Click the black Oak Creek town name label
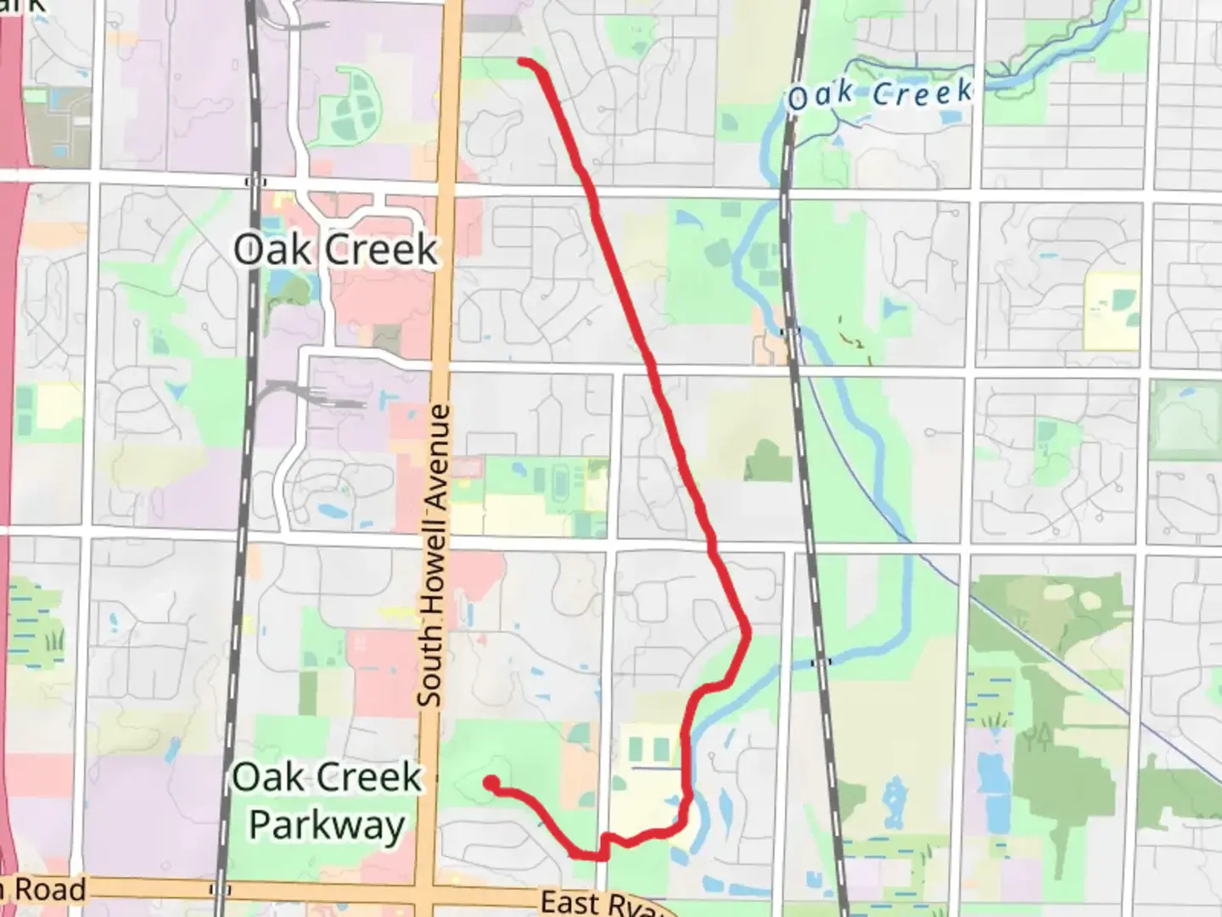coord(336,250)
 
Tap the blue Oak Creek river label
coord(879,94)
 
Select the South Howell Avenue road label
coord(432,556)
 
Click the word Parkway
coord(328,824)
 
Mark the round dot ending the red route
coord(490,784)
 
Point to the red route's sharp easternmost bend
coord(748,632)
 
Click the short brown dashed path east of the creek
coord(852,335)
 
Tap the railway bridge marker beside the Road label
coord(220,890)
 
